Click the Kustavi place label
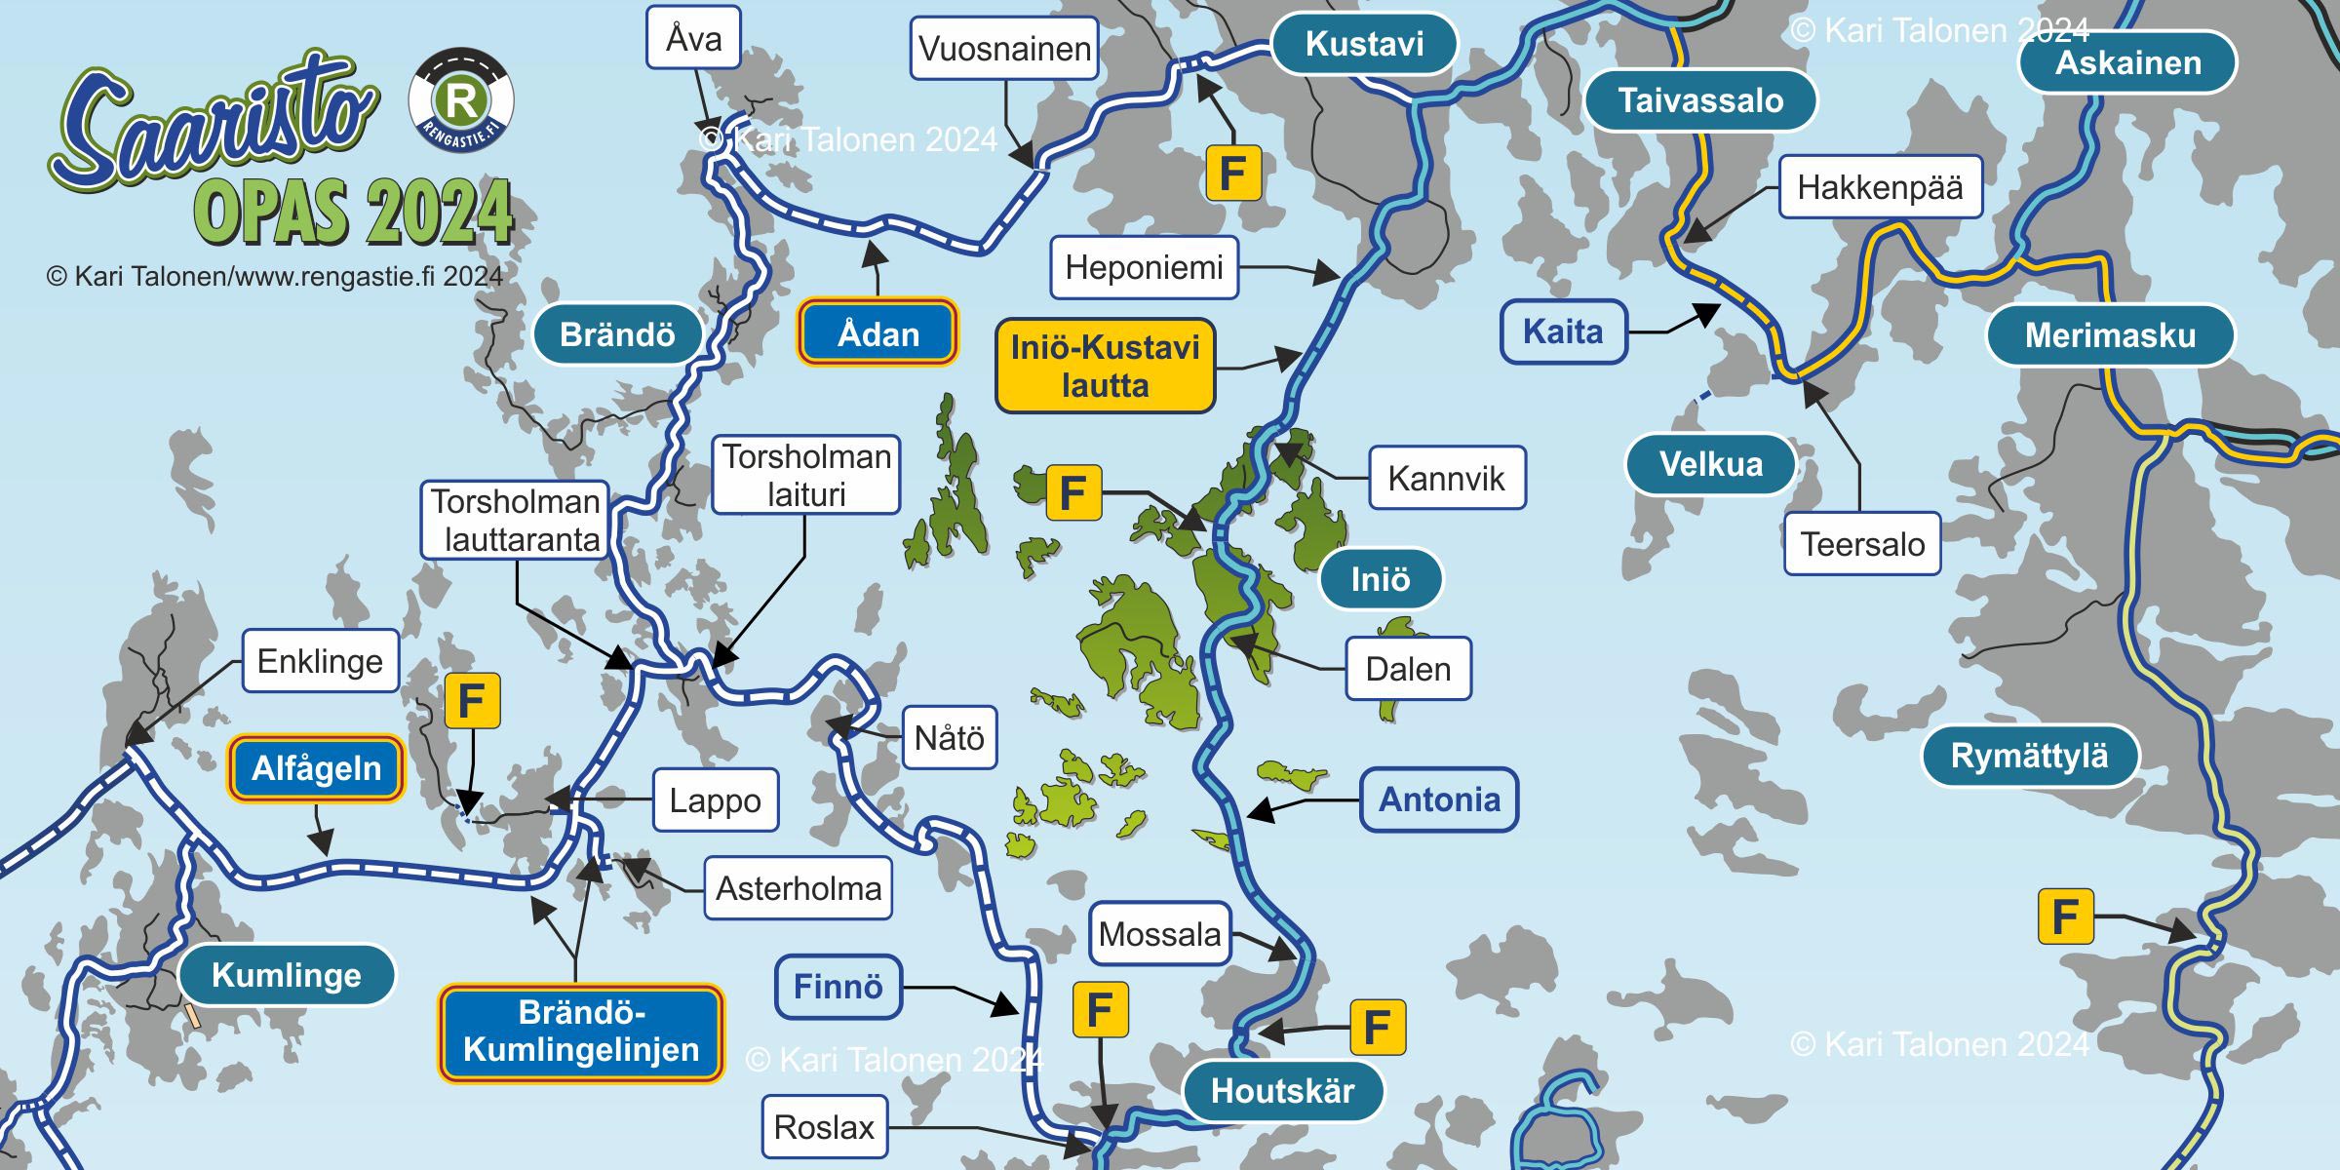click(1364, 44)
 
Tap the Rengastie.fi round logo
click(461, 100)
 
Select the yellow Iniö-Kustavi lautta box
click(1105, 367)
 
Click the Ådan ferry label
click(877, 333)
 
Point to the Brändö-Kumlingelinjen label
click(581, 1032)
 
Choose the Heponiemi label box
click(1144, 267)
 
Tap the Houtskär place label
click(1282, 1090)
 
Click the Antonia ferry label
click(1438, 799)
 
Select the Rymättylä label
click(2029, 756)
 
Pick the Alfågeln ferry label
click(316, 768)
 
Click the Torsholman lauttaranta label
click(515, 520)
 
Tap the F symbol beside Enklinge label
click(472, 700)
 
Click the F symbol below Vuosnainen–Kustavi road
click(1233, 174)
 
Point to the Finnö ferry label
click(838, 987)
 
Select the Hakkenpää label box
click(1880, 187)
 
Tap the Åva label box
click(693, 38)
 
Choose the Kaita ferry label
click(1563, 331)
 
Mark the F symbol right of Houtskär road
click(1377, 1027)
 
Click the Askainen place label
click(2127, 63)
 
